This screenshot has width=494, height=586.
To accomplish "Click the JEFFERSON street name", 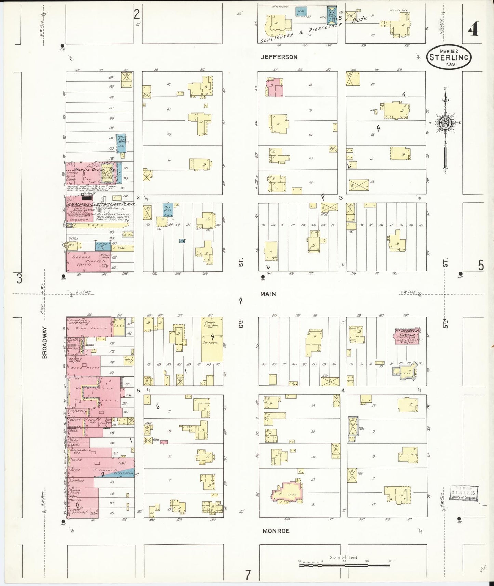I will click(x=279, y=57).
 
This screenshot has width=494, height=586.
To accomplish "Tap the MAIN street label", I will click(x=268, y=294).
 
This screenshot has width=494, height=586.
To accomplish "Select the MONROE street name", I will click(x=276, y=531).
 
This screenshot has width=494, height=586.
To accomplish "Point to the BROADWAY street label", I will click(x=45, y=342).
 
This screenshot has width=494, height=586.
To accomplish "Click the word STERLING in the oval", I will click(x=449, y=57).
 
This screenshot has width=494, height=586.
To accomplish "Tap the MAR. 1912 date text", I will click(x=449, y=51).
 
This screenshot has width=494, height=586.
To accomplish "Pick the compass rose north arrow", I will click(x=445, y=99).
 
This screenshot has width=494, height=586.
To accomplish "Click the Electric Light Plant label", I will click(x=101, y=204).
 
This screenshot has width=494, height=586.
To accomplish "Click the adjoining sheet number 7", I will click(x=248, y=574).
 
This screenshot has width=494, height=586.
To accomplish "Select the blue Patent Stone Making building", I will click(x=121, y=143).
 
